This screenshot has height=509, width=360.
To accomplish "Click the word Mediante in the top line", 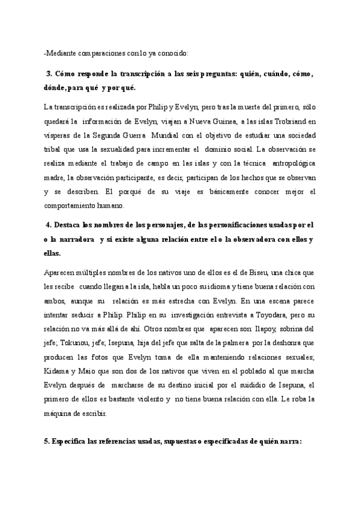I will click(61, 54).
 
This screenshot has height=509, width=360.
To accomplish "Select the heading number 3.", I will click(49, 74).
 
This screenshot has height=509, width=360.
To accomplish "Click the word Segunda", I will click(109, 136).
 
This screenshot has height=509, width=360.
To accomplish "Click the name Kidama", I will click(58, 372).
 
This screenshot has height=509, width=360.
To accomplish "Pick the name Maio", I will click(87, 372).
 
